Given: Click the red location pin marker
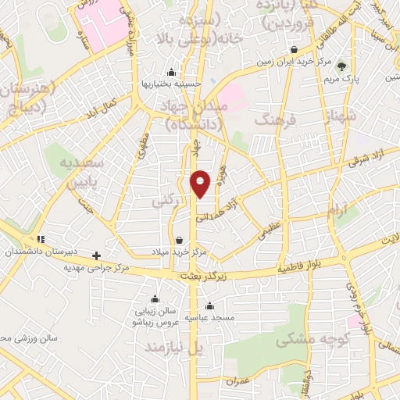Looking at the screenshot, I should coord(201,183).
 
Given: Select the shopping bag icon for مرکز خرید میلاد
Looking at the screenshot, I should coord(180,241).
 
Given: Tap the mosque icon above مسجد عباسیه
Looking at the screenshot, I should coord(209,305).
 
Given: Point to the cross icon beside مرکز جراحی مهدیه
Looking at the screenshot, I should coord(96,255).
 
